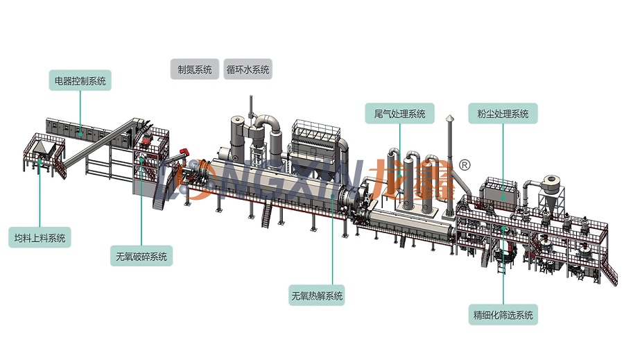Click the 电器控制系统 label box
[80, 80]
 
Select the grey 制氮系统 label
[195, 69]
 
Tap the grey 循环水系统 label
[248, 69]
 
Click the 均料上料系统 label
[40, 238]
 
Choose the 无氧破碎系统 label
[141, 256]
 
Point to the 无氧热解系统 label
[317, 295]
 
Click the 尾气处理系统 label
[399, 114]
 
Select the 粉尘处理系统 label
[503, 114]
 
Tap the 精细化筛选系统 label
[503, 315]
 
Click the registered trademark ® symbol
[465, 164]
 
